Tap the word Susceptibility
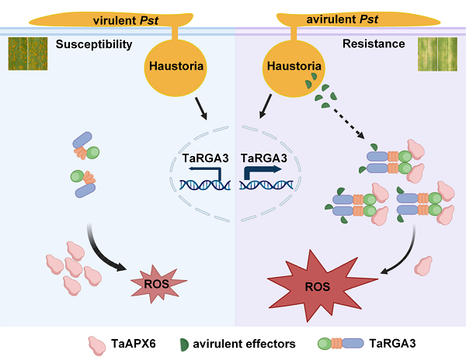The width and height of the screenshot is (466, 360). (x=94, y=45)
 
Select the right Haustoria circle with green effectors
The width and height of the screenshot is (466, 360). (x=294, y=67)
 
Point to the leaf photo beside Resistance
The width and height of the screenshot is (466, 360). (x=439, y=54)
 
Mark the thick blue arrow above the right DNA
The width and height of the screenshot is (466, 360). (x=259, y=171)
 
